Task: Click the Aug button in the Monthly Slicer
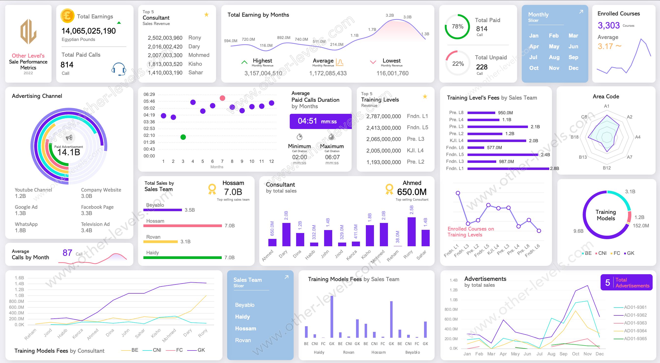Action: coord(554,57)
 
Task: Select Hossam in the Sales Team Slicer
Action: coord(246,328)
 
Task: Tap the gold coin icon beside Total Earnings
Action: coord(67,16)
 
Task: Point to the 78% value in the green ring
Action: coord(457,26)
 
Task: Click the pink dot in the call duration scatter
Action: coord(222,98)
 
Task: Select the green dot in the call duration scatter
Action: coord(183,137)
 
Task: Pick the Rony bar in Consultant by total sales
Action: coord(412,232)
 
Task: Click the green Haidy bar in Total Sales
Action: coord(182,258)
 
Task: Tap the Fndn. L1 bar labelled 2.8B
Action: coord(508,169)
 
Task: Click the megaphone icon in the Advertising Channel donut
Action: coord(69,138)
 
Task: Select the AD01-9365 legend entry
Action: coord(635,339)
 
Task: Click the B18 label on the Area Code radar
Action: coord(574,137)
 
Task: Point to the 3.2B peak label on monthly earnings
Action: coord(389,15)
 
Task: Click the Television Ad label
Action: coord(95,224)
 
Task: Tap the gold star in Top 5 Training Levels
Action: coord(425,96)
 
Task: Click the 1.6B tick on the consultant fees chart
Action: coord(19,278)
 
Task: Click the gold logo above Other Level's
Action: coord(28,32)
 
